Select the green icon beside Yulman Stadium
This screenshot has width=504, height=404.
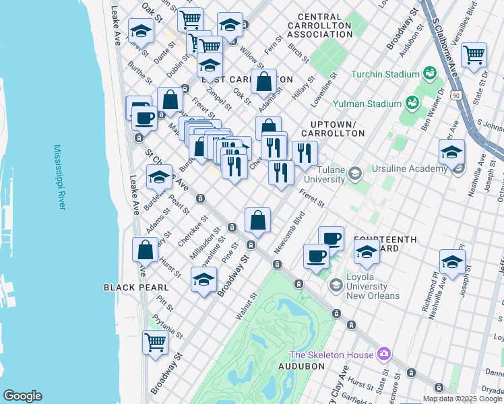pyautogui.click(x=411, y=103)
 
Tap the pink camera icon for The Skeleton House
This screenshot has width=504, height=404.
pyautogui.click(x=384, y=353)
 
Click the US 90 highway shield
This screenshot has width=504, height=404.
pyautogui.click(x=456, y=97)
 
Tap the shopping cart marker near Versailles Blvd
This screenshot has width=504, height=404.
pyautogui.click(x=474, y=55)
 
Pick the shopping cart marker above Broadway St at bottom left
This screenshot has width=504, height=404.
pyautogui.click(x=155, y=341)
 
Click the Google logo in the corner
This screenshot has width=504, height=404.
pyautogui.click(x=22, y=396)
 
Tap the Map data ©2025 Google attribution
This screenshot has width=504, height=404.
pyautogui.click(x=462, y=399)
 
